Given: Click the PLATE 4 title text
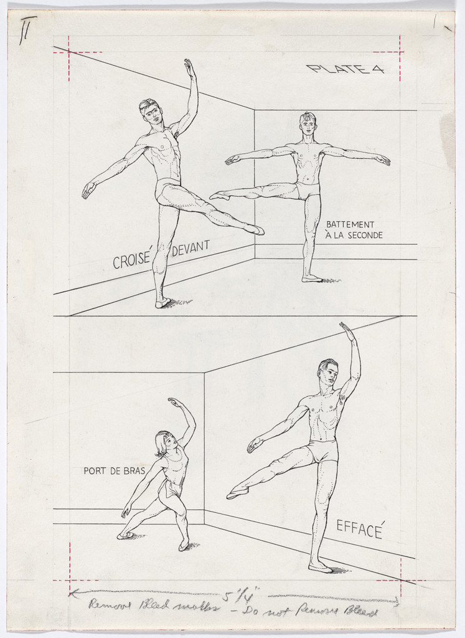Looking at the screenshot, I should (x=345, y=69).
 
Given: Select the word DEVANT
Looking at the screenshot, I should (x=190, y=249).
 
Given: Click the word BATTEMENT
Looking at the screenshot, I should (x=350, y=224).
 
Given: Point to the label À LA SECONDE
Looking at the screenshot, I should (x=354, y=236).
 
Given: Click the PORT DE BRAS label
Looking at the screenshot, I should (x=114, y=471).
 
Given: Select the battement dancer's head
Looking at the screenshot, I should (x=308, y=123).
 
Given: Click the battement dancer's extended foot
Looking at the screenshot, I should (x=218, y=196).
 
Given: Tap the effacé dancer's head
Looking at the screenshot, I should (x=328, y=371).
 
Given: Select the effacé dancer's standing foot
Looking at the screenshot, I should (x=320, y=567).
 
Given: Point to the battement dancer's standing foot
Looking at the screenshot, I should (x=312, y=279).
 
